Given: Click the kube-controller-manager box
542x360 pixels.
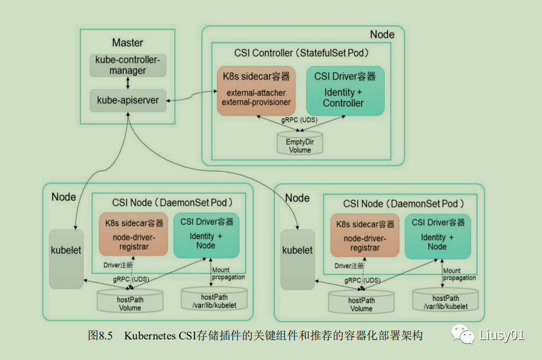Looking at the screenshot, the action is click(128, 65).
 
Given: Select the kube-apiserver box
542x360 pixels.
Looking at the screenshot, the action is click(128, 100).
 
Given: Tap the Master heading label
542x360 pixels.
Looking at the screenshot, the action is click(128, 42).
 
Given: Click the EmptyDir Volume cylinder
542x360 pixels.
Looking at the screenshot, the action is click(300, 143).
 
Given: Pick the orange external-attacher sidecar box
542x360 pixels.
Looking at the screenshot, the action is click(256, 91).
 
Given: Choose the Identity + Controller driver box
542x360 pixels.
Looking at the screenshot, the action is click(345, 91).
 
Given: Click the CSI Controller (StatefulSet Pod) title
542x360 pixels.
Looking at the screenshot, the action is click(302, 53).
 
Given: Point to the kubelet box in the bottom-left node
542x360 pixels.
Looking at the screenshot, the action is click(66, 259).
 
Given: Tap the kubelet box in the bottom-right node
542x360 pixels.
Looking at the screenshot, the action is click(297, 260).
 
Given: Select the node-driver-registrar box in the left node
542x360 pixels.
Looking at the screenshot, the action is click(133, 234).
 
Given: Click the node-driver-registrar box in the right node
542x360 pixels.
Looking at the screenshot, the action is click(365, 235).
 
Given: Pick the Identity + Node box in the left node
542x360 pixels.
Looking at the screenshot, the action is click(207, 235).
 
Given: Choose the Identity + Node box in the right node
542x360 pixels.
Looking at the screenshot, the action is click(438, 237).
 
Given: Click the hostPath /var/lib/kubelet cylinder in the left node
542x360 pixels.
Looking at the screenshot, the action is click(214, 299).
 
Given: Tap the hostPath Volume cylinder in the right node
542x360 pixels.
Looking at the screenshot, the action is click(361, 302).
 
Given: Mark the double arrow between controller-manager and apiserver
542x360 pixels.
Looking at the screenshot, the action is click(128, 83).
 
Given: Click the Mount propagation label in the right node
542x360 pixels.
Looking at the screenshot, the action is click(460, 274).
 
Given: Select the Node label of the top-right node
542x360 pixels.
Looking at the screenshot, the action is click(382, 34).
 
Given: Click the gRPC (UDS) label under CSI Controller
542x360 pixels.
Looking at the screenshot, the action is click(299, 120).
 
